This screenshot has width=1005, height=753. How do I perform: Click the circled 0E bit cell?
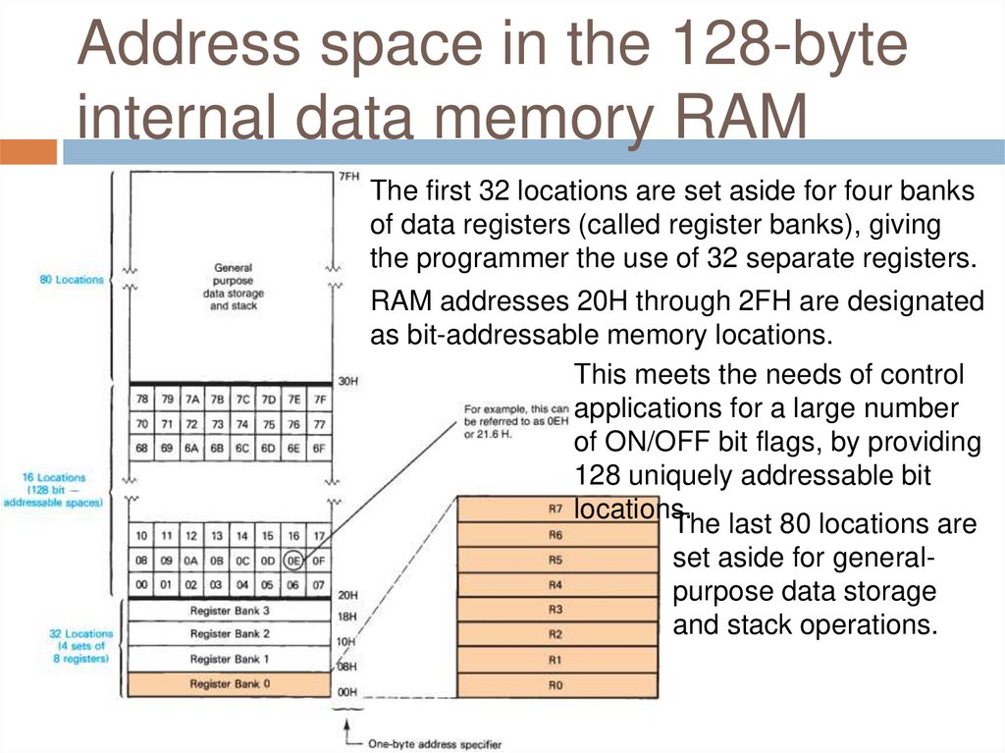[x=292, y=561]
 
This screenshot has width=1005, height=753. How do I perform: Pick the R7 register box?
[x=556, y=510]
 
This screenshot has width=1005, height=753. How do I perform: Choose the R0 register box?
[x=556, y=684]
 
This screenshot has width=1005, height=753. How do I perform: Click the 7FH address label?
[x=348, y=178]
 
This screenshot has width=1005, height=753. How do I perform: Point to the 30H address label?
[x=348, y=381]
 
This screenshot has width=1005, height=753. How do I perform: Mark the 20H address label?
[x=348, y=595]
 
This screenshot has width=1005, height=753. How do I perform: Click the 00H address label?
[x=348, y=692]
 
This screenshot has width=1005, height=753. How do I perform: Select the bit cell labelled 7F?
[x=318, y=400]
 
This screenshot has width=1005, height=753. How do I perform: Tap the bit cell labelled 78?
[x=142, y=400]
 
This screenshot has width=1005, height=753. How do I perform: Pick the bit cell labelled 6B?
[x=217, y=448]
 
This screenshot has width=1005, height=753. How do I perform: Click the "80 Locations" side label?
[x=71, y=280]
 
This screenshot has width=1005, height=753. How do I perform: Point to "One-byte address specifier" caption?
[x=429, y=743]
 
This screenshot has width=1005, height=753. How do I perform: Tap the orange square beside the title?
[x=27, y=152]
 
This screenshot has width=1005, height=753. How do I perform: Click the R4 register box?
[x=556, y=584]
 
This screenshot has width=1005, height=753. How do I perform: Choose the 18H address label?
[x=348, y=617]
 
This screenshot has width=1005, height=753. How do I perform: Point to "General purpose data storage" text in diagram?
[x=233, y=286]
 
